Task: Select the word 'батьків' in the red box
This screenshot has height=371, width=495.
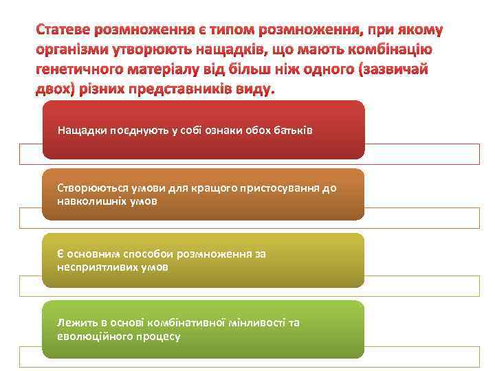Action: coord(293,130)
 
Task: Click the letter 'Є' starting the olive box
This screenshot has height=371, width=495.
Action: coord(61,254)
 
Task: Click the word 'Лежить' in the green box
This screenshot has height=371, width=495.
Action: coord(76,323)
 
